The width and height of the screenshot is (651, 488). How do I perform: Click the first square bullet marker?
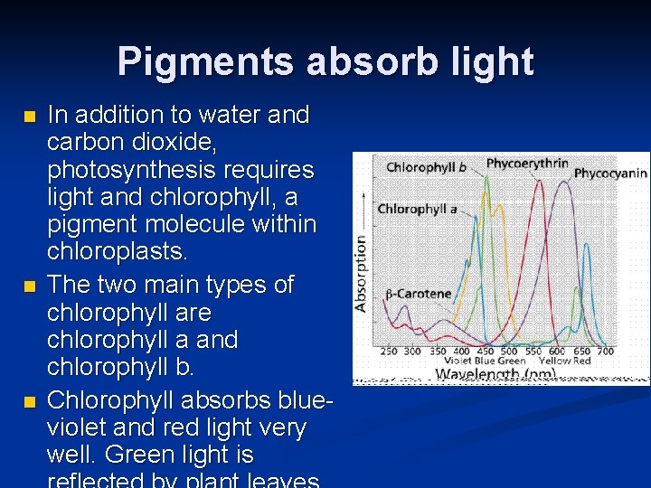pos(30,117)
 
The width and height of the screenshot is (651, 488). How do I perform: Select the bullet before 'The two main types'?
pos(30,286)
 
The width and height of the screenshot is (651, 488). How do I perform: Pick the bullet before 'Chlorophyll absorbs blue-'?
pos(30,400)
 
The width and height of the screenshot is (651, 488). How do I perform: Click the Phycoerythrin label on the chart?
pos(527,164)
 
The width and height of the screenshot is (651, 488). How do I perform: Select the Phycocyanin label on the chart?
pos(610,173)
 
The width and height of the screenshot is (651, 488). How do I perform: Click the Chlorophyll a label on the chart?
pos(417,209)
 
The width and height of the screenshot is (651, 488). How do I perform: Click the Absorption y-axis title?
pos(362,273)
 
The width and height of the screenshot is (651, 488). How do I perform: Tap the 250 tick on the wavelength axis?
pos(389,351)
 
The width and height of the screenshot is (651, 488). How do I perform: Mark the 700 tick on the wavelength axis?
pos(605,351)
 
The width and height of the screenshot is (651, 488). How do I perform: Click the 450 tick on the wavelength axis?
pos(485,351)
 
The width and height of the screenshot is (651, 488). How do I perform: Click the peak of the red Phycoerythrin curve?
pos(540,184)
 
